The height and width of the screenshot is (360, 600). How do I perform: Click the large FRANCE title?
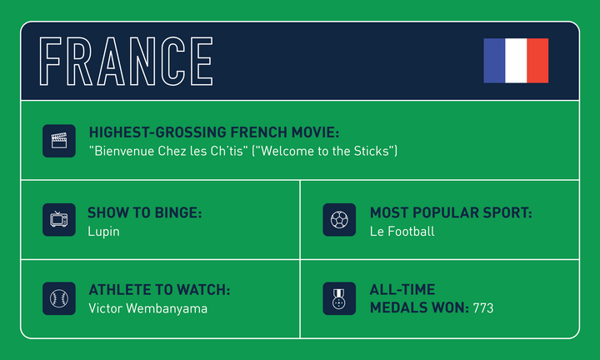(x=127, y=61)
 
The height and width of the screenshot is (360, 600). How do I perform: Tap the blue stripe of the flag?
(x=494, y=60)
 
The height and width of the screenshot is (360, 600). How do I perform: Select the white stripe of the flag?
(x=516, y=60)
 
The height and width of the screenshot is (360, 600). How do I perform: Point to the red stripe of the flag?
(x=537, y=60)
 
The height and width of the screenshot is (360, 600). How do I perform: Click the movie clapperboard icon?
(x=59, y=141)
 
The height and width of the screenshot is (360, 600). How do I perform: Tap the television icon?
(x=59, y=220)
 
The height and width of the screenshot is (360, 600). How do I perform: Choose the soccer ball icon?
(x=339, y=220)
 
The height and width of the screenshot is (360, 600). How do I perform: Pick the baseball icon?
(x=59, y=297)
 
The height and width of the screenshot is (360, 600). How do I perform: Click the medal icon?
(x=339, y=298)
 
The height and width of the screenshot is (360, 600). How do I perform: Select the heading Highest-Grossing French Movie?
(x=214, y=133)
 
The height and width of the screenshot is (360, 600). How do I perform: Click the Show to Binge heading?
(x=145, y=213)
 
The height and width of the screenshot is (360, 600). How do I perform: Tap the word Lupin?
(x=103, y=231)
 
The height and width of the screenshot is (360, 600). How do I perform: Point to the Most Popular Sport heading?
(x=451, y=213)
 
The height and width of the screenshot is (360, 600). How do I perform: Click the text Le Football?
(x=402, y=231)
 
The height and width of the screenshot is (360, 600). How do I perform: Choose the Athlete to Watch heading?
(x=159, y=290)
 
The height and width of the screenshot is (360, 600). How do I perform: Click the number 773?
(x=482, y=308)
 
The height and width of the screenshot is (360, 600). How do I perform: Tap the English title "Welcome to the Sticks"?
(x=325, y=151)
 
